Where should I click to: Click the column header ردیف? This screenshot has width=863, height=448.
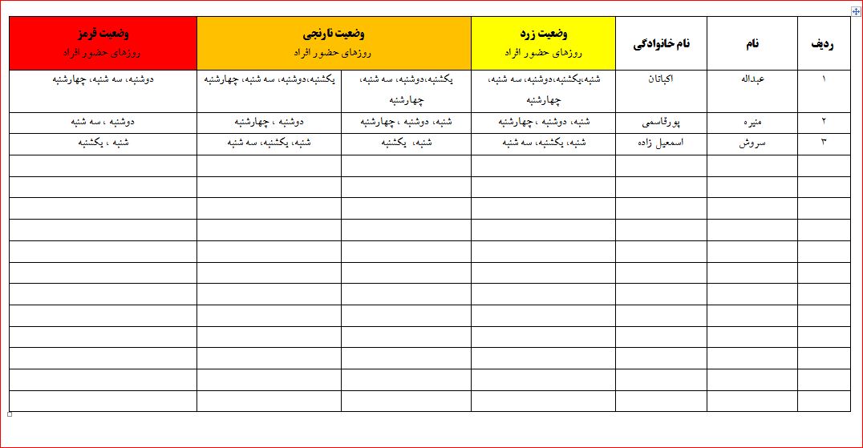point(823,44)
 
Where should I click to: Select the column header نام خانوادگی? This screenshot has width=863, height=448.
point(661,44)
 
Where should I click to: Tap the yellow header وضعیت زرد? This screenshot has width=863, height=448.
point(544,35)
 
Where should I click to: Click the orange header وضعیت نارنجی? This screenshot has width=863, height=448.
point(334,35)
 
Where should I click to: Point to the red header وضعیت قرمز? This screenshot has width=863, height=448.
point(103,35)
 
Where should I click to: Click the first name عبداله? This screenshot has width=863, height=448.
point(752,80)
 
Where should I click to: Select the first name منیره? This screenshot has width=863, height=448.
point(752,123)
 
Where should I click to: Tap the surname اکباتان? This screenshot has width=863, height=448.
point(661,80)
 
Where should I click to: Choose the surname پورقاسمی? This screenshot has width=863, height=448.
point(661,123)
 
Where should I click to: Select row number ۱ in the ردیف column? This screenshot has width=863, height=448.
point(824,80)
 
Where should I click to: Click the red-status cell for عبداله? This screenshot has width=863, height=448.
point(103,80)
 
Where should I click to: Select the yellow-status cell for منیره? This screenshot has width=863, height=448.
point(544,123)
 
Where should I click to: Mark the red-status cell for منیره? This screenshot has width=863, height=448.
point(103,123)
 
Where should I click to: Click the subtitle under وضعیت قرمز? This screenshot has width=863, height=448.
point(103,51)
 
